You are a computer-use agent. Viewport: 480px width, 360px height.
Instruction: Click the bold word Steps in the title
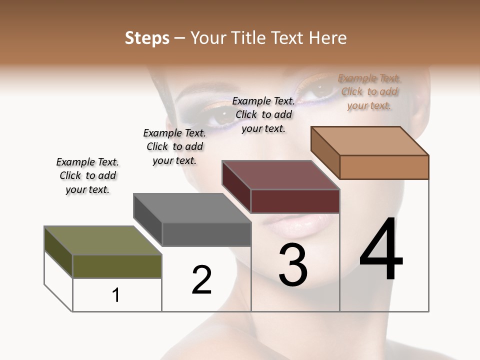147,38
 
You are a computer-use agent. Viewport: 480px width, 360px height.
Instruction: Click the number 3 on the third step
293,264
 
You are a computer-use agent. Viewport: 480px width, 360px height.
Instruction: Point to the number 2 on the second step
201,279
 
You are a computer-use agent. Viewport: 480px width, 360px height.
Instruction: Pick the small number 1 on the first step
116,295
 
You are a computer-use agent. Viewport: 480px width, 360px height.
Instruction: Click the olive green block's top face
103,240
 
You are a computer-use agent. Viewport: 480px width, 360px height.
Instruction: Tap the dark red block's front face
295,201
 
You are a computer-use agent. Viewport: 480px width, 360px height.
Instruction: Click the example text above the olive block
87,175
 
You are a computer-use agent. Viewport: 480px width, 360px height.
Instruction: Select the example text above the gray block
174,146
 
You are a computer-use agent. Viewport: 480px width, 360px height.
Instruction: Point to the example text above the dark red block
263,114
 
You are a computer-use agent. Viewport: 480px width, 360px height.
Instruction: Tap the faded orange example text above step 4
369,91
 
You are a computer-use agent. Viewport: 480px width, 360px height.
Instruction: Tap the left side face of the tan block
325,152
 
